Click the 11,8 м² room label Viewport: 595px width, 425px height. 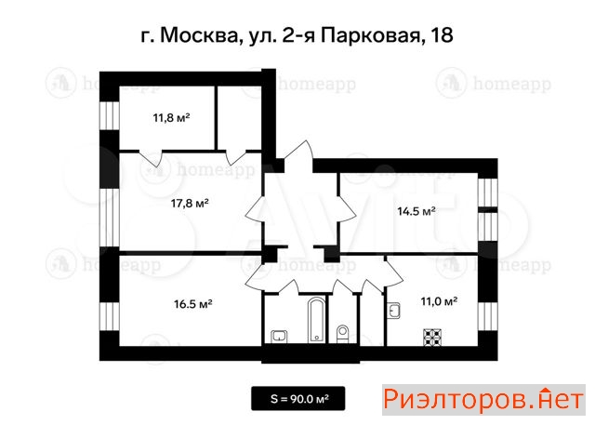(x=171, y=117)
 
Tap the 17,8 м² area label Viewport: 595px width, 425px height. (x=190, y=204)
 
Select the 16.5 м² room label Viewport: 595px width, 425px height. (x=193, y=304)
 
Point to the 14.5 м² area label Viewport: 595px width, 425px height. (x=416, y=211)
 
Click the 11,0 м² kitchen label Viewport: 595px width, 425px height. (x=439, y=301)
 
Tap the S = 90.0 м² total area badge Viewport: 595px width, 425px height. (x=297, y=398)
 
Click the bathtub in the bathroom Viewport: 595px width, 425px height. (x=316, y=320)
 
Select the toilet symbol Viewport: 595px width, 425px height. (x=343, y=333)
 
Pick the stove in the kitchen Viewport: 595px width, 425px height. (x=433, y=338)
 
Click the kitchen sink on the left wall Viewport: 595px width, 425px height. (x=393, y=311)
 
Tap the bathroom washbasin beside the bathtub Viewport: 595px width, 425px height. (x=279, y=337)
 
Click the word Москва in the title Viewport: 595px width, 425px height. (x=198, y=35)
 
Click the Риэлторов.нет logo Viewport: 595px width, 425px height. (x=483, y=400)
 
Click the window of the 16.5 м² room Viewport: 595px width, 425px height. (x=110, y=316)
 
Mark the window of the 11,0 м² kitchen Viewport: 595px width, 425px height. (x=487, y=317)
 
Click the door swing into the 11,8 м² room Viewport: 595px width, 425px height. (x=151, y=159)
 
